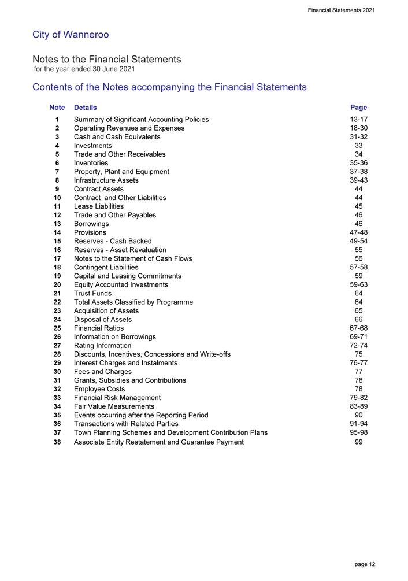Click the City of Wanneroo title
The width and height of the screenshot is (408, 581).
tap(71, 35)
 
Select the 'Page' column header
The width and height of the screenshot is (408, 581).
tap(358, 108)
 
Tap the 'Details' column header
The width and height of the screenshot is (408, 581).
tap(86, 108)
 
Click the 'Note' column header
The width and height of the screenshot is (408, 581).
tap(57, 108)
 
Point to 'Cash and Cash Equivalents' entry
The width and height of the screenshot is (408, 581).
tap(117, 137)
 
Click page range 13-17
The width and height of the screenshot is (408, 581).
tap(358, 120)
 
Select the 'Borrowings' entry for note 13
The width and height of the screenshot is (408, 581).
tap(91, 224)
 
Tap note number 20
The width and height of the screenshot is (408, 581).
tap(57, 284)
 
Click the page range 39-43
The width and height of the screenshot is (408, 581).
tap(358, 180)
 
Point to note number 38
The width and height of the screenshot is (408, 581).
tap(57, 442)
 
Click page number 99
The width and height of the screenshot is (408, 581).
tap(359, 442)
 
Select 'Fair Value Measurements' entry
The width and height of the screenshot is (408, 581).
tap(114, 406)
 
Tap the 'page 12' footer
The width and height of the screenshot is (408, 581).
tap(365, 564)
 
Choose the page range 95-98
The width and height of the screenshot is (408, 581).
tap(358, 432)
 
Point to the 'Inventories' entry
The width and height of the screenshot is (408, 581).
tap(91, 163)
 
